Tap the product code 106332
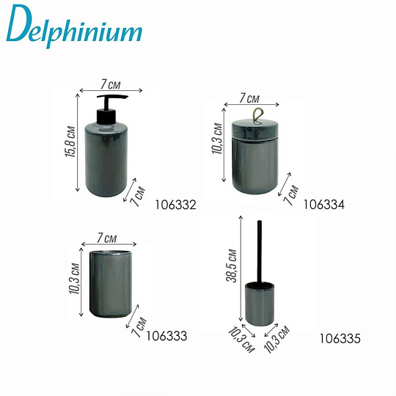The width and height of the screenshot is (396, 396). pyautogui.click(x=176, y=205)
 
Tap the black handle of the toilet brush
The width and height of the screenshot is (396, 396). pyautogui.click(x=257, y=249)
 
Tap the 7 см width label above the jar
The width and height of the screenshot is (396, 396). pyautogui.click(x=249, y=97)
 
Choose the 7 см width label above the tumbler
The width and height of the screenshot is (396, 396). pyautogui.click(x=107, y=238)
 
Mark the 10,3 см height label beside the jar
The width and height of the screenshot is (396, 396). pyautogui.click(x=217, y=142)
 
